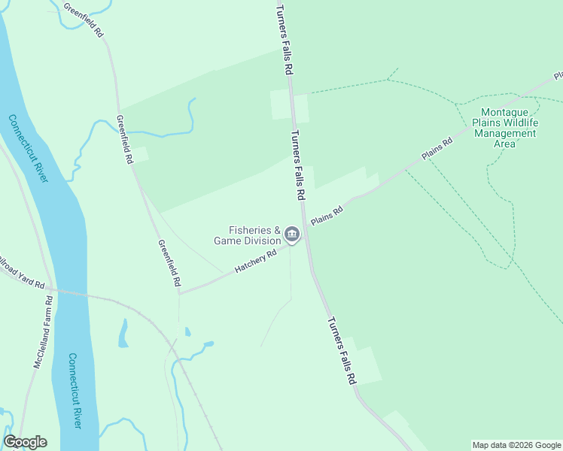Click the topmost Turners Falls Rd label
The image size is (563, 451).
point(283,39)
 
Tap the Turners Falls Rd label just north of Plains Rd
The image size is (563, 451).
point(297,165)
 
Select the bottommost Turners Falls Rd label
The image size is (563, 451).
point(341,351)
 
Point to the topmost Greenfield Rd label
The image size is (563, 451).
point(84,21)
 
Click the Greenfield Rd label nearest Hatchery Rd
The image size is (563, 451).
point(169,262)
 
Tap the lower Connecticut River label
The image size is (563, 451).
point(74,391)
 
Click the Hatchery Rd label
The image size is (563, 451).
point(256,261)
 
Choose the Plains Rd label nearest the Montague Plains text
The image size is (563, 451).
point(437,147)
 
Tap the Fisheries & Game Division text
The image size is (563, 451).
point(247,235)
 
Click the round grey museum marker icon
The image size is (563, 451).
point(292,235)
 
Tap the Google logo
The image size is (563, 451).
point(25,442)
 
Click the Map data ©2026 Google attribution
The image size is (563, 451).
point(516,445)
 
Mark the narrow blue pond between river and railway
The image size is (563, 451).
point(123,334)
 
